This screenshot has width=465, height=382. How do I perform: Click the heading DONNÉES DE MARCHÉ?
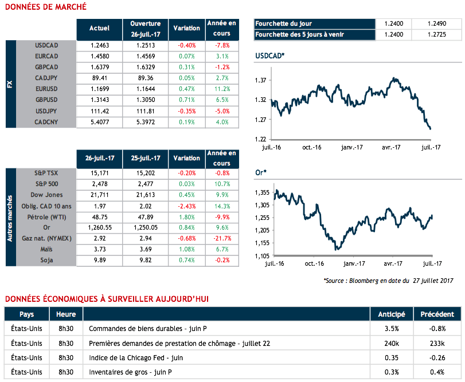pos(45,7)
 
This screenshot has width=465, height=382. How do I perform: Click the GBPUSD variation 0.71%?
pos(186,100)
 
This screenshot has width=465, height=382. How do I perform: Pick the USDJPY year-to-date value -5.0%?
pos(221,111)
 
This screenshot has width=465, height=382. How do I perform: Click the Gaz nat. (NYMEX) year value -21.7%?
pos(221,238)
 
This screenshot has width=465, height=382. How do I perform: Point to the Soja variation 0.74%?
pos(186,260)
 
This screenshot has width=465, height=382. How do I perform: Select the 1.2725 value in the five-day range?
pos(436,34)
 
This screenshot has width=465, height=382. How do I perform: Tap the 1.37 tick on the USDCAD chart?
pos(261,80)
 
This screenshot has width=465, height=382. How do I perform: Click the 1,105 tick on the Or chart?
pos(261,255)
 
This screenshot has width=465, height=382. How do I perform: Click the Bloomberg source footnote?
pos(388,281)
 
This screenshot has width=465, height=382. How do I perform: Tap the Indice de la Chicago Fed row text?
pos(136,358)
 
